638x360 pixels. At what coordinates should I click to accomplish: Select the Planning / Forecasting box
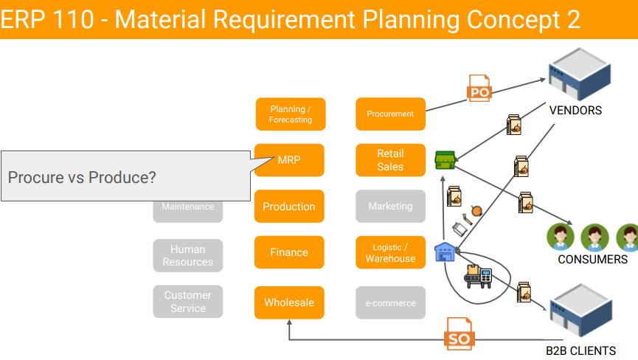(x=290, y=114)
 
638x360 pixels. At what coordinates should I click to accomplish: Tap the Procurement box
(x=390, y=114)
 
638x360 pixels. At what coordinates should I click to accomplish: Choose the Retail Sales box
(x=390, y=160)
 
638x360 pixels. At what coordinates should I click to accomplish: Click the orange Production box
(x=289, y=207)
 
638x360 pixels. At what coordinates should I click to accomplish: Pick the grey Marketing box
(x=390, y=207)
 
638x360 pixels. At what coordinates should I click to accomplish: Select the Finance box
(x=289, y=252)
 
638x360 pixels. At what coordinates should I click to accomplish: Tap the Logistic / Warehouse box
(x=390, y=252)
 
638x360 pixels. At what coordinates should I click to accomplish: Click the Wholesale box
(x=289, y=302)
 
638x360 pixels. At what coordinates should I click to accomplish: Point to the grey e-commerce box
(x=390, y=302)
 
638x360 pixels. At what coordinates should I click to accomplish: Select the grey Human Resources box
(x=187, y=255)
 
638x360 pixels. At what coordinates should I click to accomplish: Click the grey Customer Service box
(x=187, y=302)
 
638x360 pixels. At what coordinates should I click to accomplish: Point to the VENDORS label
(x=575, y=111)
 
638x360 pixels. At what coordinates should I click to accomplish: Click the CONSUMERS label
(x=592, y=259)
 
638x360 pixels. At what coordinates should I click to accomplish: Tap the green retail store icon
(x=445, y=159)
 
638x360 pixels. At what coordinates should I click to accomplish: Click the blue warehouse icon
(x=445, y=252)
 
